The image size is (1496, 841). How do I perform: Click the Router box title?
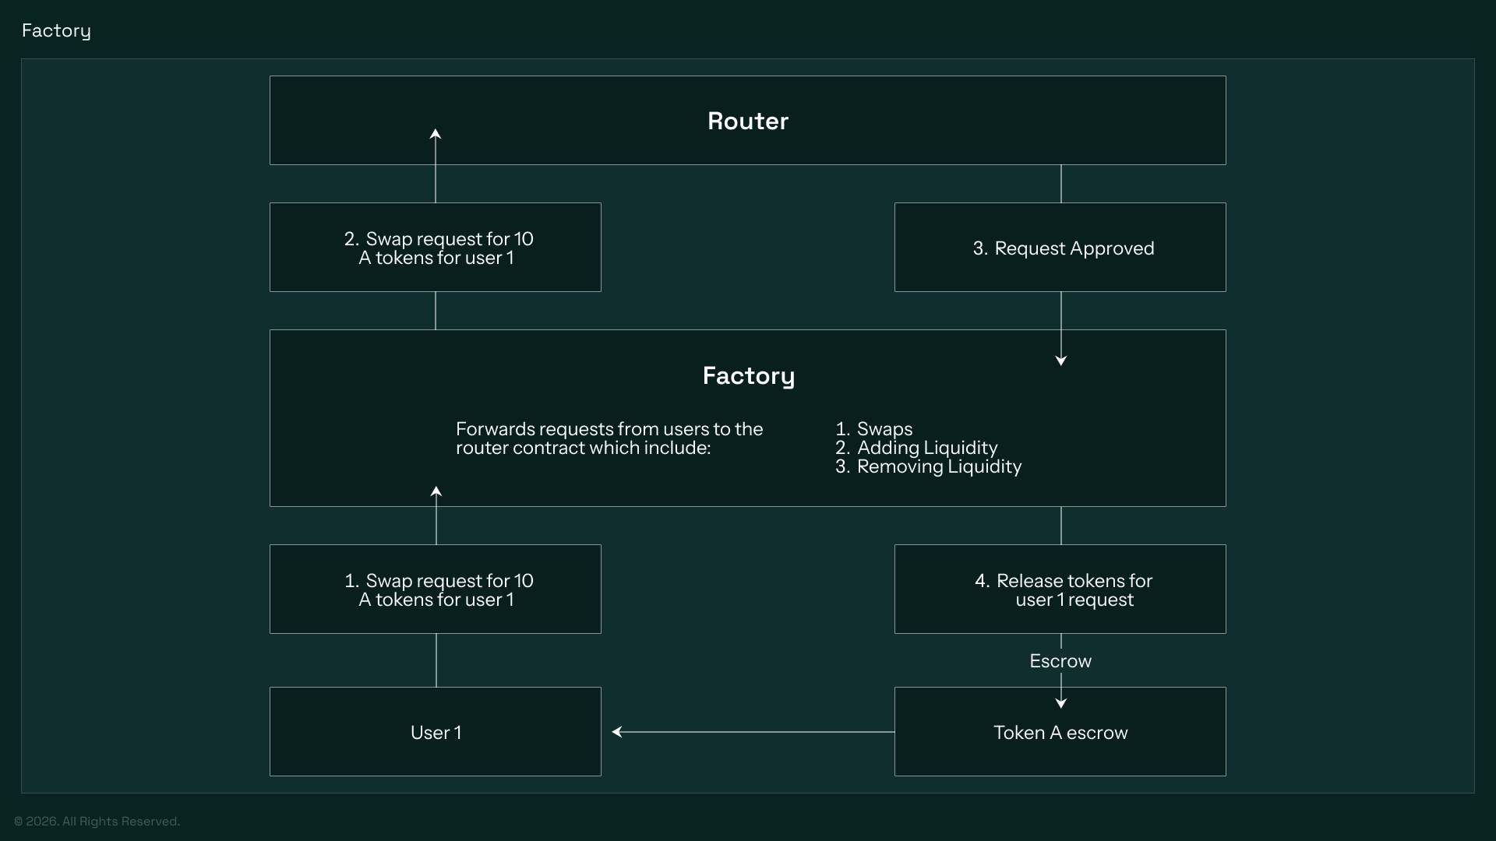click(747, 121)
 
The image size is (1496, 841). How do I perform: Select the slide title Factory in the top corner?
click(56, 30)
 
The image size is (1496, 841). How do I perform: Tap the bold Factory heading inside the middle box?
click(748, 375)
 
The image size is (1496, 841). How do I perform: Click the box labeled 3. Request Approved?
click(1060, 248)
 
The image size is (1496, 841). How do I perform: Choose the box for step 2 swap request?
click(435, 248)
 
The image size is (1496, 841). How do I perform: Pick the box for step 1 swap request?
click(435, 589)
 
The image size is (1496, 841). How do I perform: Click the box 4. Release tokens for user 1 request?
click(1060, 589)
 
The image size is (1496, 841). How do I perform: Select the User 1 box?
click(435, 732)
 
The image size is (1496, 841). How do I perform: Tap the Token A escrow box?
click(1060, 732)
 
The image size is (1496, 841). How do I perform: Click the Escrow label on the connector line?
click(1060, 661)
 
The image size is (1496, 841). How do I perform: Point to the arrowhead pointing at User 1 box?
click(616, 732)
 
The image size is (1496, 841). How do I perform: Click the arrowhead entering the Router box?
click(436, 134)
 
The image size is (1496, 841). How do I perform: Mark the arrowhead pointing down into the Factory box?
click(1060, 361)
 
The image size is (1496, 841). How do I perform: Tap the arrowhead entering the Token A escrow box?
click(1060, 703)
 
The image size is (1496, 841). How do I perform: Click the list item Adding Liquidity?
click(926, 448)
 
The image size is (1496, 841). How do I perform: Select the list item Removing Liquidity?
click(938, 466)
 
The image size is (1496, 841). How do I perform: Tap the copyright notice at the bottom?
click(97, 822)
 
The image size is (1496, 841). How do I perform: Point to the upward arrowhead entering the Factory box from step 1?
click(436, 491)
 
